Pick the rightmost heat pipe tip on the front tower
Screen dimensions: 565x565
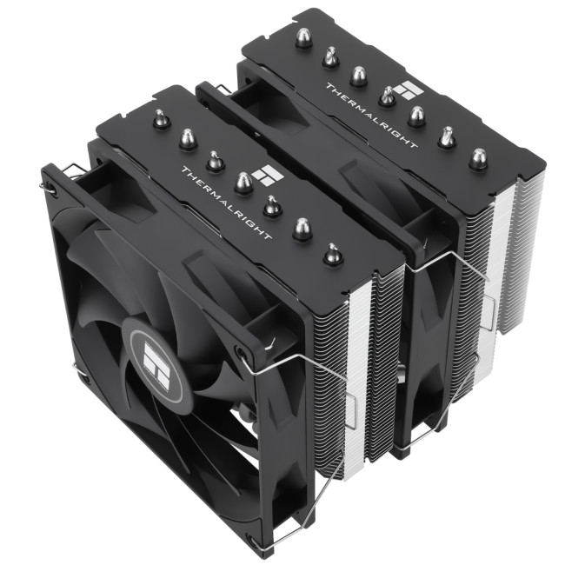click(331, 253)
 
